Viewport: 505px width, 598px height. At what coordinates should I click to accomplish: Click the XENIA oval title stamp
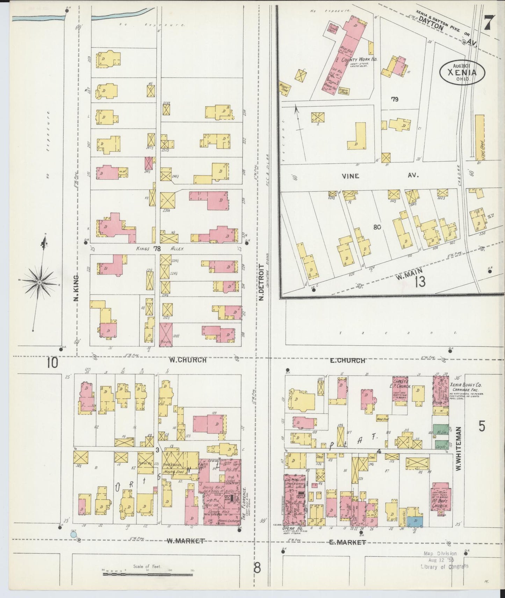tap(462, 72)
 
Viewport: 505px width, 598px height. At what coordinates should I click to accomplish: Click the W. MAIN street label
tap(409, 270)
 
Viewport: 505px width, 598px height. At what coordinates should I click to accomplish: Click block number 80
tap(377, 227)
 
